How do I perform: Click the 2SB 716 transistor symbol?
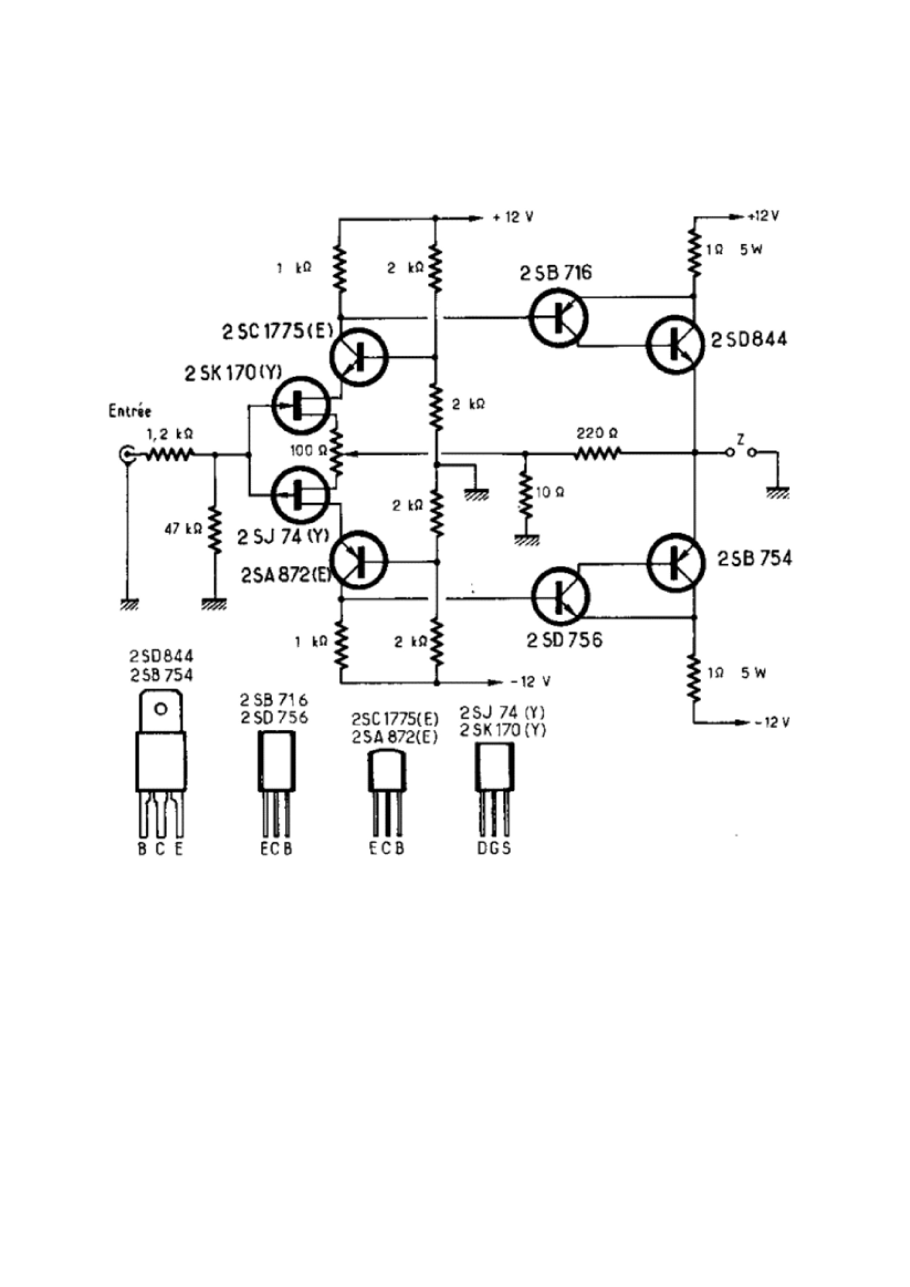pos(558,318)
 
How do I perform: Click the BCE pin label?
pos(161,849)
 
